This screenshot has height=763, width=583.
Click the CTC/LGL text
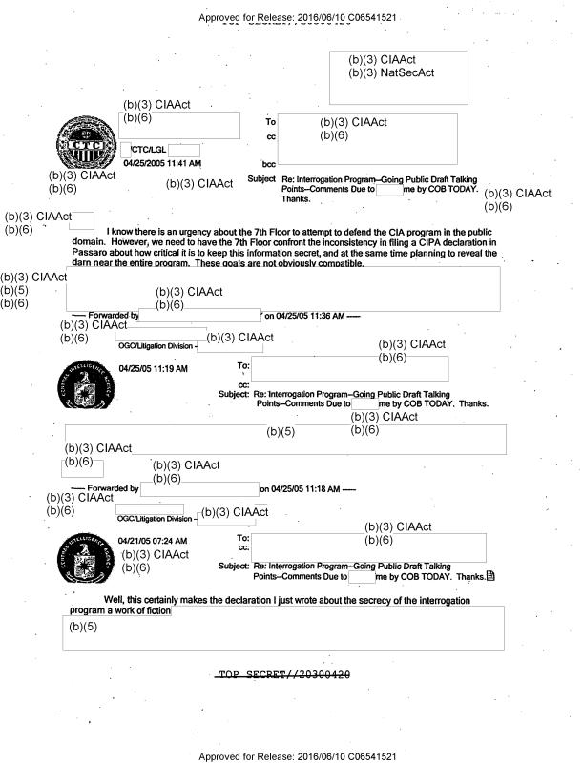pyautogui.click(x=148, y=150)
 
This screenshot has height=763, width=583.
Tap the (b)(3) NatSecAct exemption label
pyautogui.click(x=391, y=73)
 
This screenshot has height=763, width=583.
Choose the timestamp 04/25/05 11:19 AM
pyautogui.click(x=153, y=368)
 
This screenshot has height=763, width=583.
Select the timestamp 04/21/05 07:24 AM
pyautogui.click(x=153, y=542)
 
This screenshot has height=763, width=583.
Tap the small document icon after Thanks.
pyautogui.click(x=491, y=576)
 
